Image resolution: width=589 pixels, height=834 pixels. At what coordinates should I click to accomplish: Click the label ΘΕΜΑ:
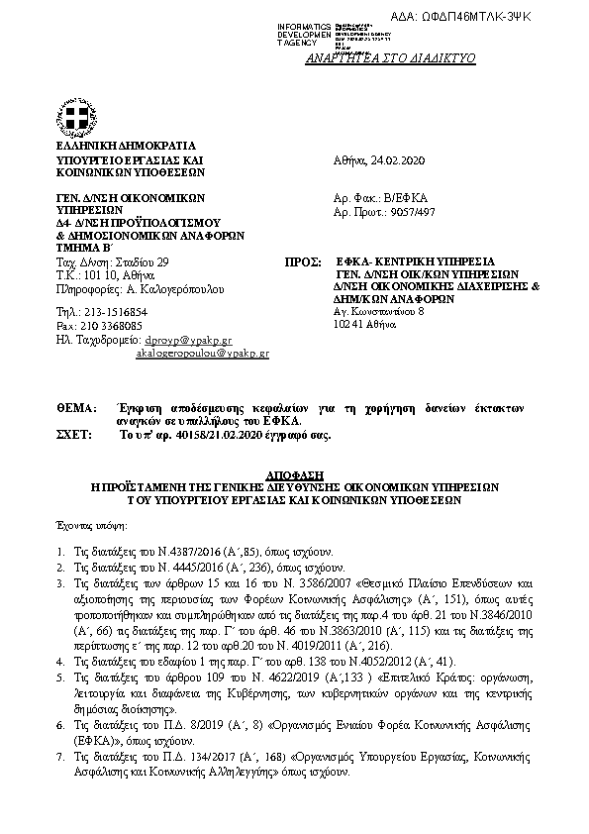(75, 408)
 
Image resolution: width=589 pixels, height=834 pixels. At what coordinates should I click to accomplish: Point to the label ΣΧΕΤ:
(75, 435)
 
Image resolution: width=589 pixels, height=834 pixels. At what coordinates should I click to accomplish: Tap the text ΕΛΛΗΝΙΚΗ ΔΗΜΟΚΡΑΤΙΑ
(119, 145)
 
